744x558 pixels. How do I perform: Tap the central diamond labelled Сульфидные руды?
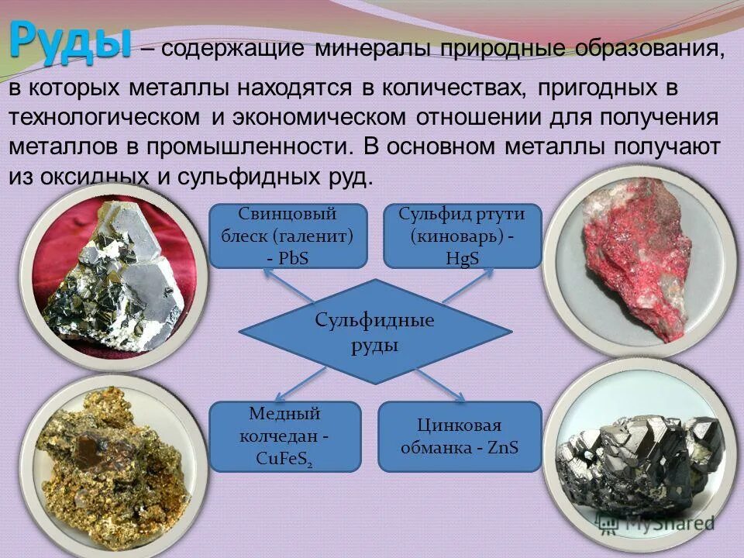(375, 332)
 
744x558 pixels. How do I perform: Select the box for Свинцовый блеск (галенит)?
(288, 236)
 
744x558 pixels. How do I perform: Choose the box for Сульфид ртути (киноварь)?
(463, 236)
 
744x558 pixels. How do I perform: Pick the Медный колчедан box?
(285, 436)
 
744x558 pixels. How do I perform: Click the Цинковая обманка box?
(460, 436)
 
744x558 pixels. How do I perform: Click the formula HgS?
(463, 257)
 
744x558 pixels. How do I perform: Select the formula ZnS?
(503, 448)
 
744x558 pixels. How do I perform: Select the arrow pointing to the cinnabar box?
(466, 287)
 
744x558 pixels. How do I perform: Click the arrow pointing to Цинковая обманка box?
(443, 386)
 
